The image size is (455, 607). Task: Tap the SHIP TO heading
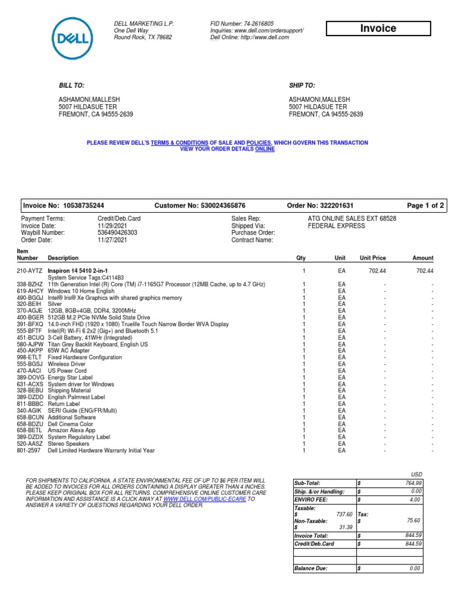tap(302, 86)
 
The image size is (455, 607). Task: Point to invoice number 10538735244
tap(84, 206)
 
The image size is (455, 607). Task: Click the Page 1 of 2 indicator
tap(425, 206)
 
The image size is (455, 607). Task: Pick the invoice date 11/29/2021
tap(111, 226)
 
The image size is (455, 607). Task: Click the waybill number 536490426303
tap(117, 233)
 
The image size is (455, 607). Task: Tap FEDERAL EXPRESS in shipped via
tap(333, 226)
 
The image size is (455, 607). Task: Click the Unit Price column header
tap(373, 258)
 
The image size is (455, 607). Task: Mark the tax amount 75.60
tap(412, 520)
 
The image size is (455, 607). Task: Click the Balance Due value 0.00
tap(414, 568)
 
